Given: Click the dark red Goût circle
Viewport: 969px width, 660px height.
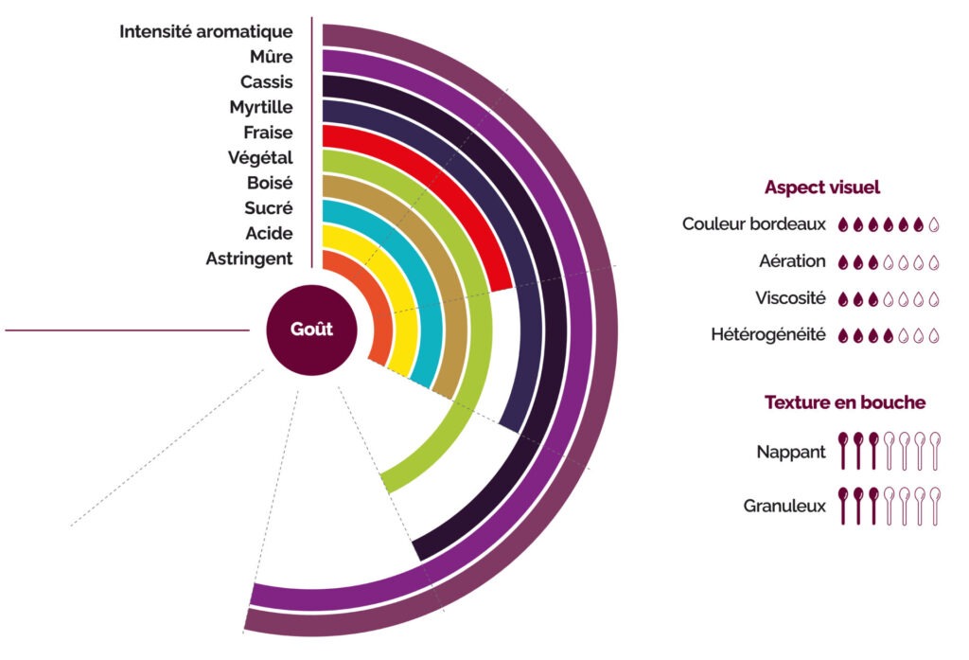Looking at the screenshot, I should click(x=311, y=330).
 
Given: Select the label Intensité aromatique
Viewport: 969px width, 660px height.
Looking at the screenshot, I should click(x=205, y=32).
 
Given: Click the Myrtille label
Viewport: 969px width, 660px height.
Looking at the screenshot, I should click(x=260, y=107).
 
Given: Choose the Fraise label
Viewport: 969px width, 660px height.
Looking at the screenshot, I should click(x=268, y=133).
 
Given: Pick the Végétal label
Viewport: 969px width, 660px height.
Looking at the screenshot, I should click(x=260, y=157).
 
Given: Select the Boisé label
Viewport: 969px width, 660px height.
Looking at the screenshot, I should click(x=268, y=183).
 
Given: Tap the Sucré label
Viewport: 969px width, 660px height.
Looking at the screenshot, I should click(x=268, y=207).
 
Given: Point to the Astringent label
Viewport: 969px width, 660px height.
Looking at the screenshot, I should click(x=249, y=258).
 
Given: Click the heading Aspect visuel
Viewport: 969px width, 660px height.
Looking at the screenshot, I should click(x=821, y=187).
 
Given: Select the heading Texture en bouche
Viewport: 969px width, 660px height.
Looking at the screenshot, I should click(x=844, y=402).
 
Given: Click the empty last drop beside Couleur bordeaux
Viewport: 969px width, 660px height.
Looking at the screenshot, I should click(x=933, y=225).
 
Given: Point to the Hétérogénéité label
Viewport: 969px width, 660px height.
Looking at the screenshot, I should click(x=768, y=334).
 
